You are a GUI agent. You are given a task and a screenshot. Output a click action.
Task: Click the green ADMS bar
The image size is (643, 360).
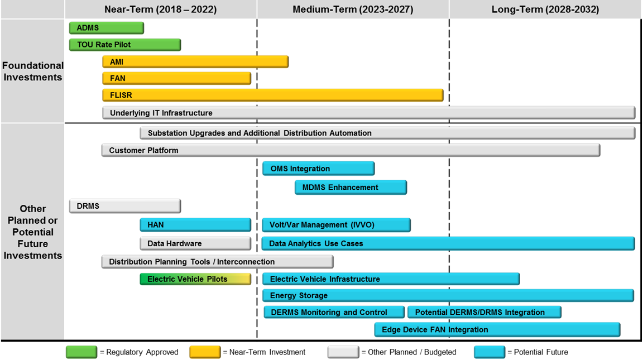click(107, 28)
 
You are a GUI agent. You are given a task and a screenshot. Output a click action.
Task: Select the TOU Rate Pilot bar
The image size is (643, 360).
click(125, 45)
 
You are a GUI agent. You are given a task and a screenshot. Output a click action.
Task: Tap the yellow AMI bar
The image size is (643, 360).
click(195, 62)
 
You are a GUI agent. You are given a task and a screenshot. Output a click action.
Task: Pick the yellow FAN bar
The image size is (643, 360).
click(177, 78)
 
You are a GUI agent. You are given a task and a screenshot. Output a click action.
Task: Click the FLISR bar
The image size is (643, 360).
click(273, 95)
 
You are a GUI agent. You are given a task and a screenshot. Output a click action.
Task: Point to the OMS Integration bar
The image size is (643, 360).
click(319, 169)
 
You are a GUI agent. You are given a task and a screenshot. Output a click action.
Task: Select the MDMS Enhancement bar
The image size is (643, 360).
click(351, 188)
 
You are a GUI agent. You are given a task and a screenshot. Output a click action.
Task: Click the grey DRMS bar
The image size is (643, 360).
click(125, 206)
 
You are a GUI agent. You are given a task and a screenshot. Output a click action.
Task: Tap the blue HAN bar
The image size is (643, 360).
click(195, 225)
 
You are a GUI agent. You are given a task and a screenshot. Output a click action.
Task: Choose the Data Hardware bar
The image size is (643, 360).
click(195, 243)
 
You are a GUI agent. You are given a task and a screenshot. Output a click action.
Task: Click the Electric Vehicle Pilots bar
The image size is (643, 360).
click(195, 279)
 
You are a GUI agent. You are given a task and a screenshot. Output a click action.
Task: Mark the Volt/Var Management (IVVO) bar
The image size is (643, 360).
click(336, 225)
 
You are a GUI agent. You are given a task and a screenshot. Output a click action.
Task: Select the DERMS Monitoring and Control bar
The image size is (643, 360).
click(334, 313)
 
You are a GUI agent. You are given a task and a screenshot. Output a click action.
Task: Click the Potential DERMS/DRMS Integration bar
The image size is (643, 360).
click(484, 313)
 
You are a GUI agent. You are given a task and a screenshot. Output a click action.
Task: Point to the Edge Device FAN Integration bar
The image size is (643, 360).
click(497, 330)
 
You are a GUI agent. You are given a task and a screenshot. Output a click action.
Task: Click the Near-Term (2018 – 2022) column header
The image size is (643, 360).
click(161, 9)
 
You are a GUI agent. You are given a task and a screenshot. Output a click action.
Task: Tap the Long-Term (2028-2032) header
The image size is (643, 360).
click(545, 9)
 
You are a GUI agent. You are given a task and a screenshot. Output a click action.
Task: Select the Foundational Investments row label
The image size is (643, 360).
click(33, 71)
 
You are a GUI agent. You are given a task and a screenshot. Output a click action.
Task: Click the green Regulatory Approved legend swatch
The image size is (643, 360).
click(81, 352)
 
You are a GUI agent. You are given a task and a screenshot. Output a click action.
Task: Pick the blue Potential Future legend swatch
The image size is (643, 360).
click(490, 352)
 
